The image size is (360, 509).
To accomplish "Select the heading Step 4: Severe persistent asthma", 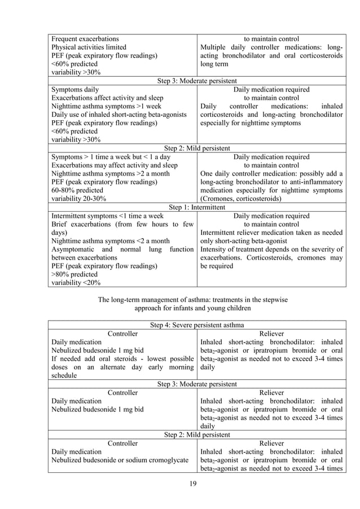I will (196, 325).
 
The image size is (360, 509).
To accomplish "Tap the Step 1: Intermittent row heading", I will (196, 207).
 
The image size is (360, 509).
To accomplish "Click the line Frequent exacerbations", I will (85, 39).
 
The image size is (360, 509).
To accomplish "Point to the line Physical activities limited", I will (89, 47).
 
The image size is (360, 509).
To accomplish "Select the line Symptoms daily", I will (75, 89).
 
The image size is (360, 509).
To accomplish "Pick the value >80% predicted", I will (76, 274).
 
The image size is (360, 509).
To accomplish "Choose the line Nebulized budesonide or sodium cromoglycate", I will (120, 460).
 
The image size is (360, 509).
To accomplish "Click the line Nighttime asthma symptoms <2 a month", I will (110, 241).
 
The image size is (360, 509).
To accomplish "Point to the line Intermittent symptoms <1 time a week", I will (107, 216).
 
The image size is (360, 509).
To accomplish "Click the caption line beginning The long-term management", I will (196, 300).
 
